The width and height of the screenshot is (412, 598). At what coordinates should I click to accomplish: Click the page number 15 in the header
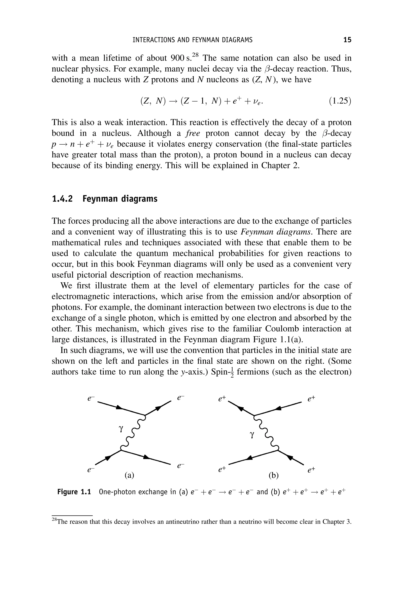click(x=347, y=40)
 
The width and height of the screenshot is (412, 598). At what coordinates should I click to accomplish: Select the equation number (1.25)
click(x=340, y=101)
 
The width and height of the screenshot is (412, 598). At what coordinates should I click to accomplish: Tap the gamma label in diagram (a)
click(x=121, y=428)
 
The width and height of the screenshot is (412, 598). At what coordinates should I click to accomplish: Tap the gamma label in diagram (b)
click(x=252, y=435)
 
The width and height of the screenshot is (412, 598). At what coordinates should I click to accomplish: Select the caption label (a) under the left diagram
click(x=129, y=475)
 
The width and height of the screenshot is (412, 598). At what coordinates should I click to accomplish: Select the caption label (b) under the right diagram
click(x=274, y=475)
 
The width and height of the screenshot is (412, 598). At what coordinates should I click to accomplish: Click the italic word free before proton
click(x=193, y=133)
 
